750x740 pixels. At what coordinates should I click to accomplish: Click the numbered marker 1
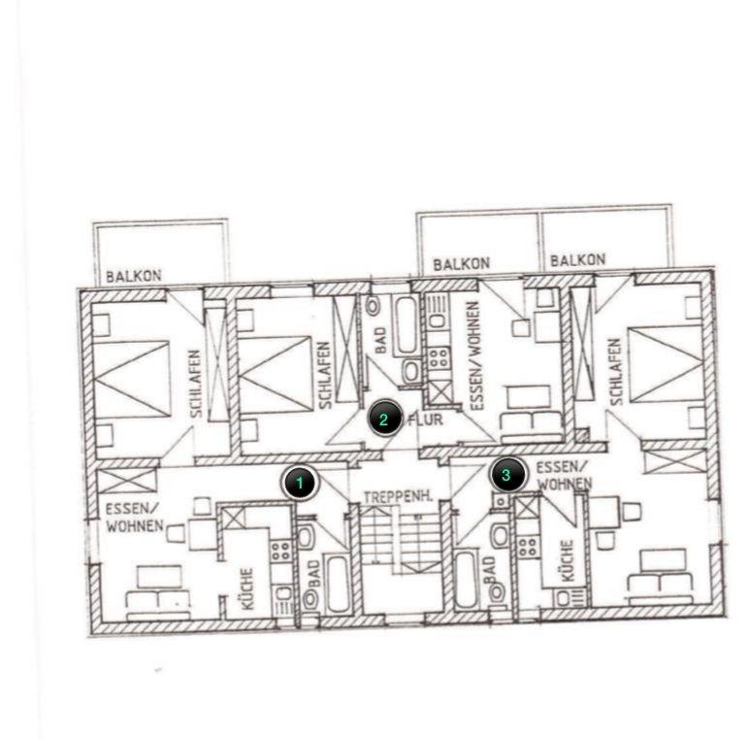(x=300, y=483)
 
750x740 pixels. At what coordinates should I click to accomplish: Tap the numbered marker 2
(x=384, y=420)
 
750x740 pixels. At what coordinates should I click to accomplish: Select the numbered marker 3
(x=506, y=475)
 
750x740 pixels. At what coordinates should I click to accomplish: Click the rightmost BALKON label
(x=577, y=260)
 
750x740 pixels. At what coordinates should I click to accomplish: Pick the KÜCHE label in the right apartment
(x=566, y=562)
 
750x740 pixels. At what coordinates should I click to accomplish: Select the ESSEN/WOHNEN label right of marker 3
(x=563, y=474)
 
